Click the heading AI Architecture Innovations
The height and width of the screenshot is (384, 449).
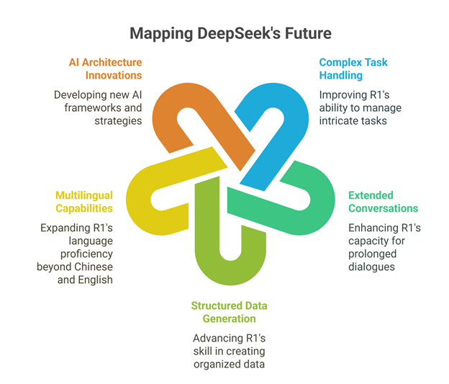[105, 69]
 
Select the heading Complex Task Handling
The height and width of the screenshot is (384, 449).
[353, 69]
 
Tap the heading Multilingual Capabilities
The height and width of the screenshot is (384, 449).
[84, 202]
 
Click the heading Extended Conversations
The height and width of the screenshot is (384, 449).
[383, 202]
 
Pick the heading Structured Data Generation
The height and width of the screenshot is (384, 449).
[229, 312]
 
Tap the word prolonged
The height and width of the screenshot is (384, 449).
[373, 254]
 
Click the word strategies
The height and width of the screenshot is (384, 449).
[118, 121]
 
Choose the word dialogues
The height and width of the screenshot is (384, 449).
[372, 267]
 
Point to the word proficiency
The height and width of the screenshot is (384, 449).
[87, 254]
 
